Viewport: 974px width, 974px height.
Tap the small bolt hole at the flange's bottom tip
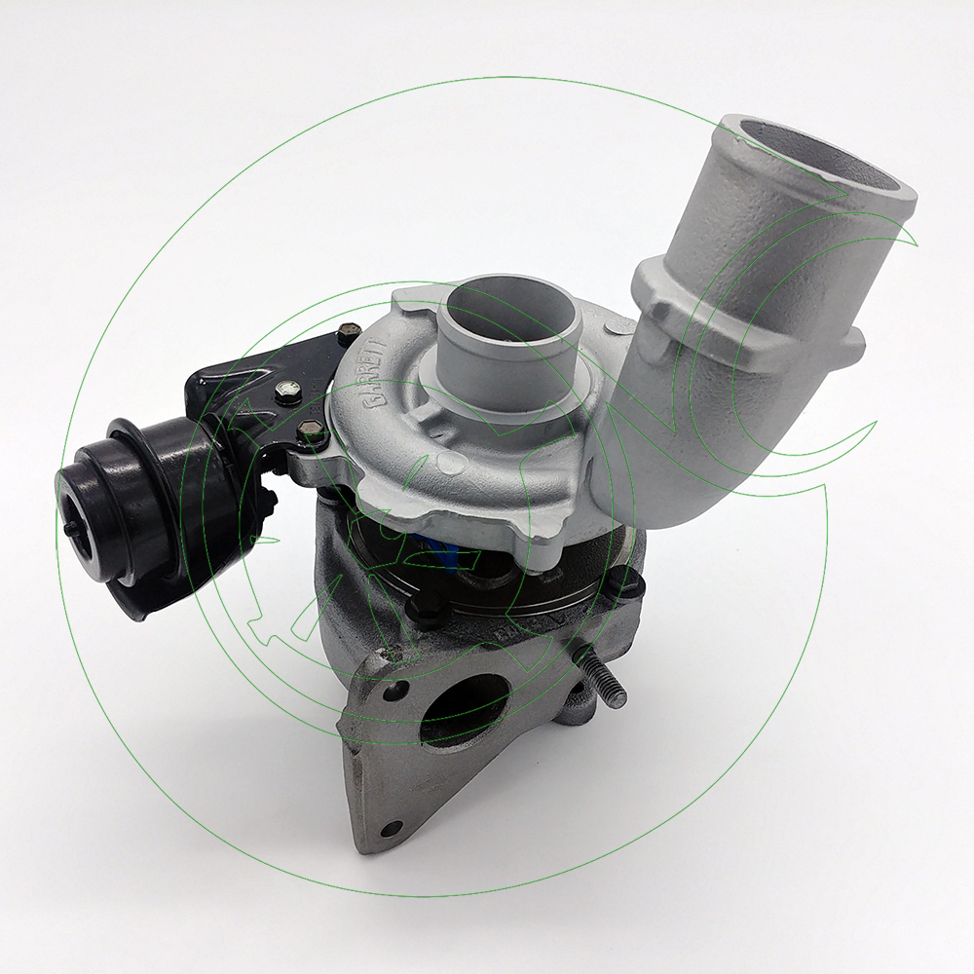coord(392,828)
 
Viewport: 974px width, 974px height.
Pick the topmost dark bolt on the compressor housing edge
coord(343,336)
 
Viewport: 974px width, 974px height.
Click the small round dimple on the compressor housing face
coord(445,458)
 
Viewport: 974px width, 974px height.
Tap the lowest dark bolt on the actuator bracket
coord(308,429)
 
